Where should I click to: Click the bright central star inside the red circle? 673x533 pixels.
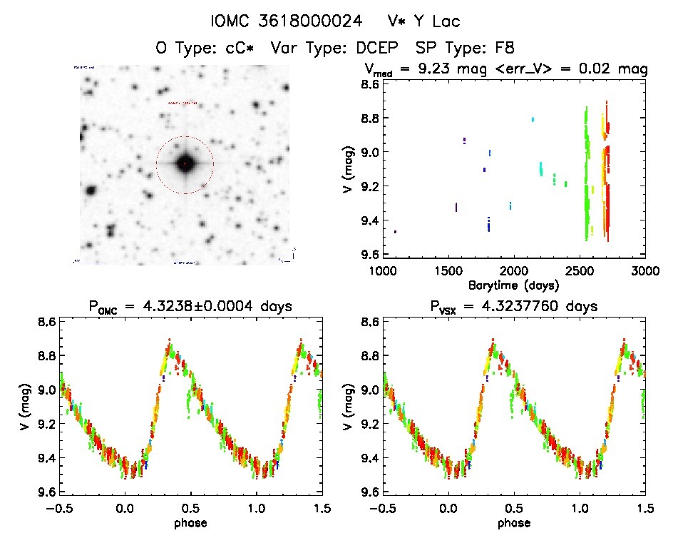(185, 164)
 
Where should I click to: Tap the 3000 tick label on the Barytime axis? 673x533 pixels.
(644, 271)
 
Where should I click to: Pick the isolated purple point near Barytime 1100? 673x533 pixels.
(395, 232)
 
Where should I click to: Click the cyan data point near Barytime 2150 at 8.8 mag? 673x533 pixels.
(533, 119)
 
